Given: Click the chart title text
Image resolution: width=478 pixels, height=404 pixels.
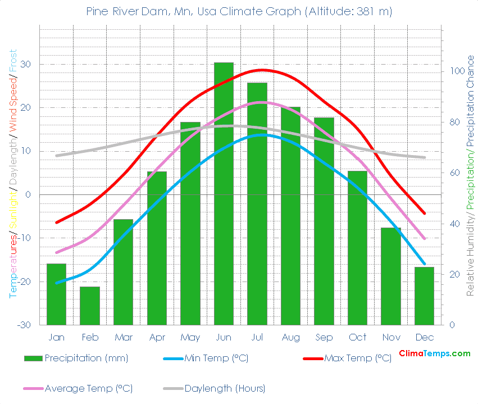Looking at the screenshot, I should point(239,11).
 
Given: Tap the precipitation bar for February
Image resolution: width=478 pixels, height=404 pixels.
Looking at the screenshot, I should point(90,306).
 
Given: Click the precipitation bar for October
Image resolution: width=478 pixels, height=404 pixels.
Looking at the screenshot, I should point(357,248).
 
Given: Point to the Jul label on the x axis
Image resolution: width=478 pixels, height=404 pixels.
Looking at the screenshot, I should point(257,337).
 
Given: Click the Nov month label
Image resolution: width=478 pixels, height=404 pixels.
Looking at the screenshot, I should point(391,337).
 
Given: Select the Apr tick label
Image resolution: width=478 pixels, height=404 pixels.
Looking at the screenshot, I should point(157,337).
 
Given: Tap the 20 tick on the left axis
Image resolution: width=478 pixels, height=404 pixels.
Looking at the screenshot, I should point(26,108).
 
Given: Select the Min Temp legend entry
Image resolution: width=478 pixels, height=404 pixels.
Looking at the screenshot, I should point(216,358).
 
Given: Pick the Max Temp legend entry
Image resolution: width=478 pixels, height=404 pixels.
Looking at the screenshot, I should point(357,358).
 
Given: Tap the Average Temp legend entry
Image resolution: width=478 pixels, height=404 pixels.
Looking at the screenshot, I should point(88,388).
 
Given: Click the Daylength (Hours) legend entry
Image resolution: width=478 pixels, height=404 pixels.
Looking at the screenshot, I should point(225,388).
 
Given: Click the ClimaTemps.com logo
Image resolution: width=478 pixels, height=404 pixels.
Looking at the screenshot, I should point(434,353).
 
